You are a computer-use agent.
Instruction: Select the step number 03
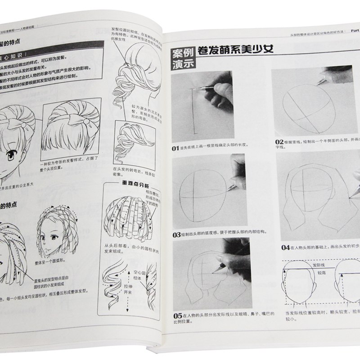[x=176, y=235]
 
